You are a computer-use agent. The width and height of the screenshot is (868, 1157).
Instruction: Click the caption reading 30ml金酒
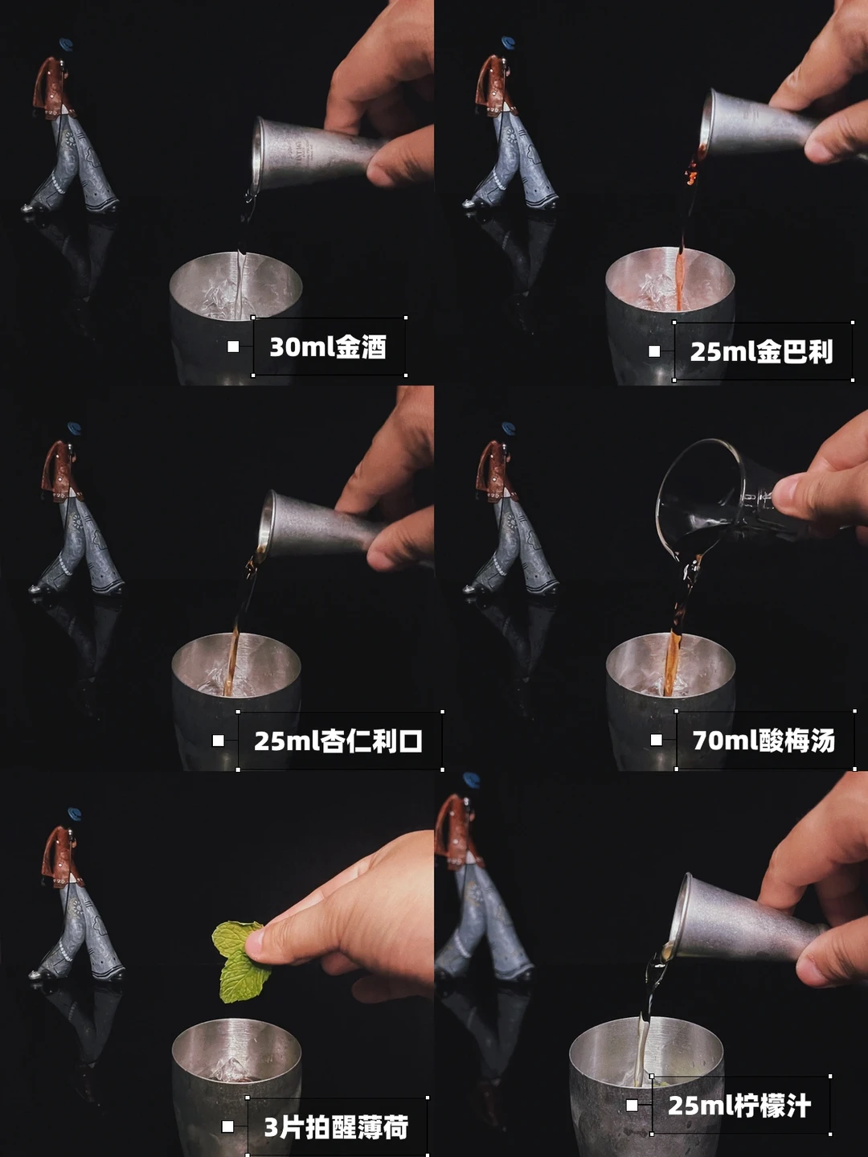pyautogui.click(x=328, y=347)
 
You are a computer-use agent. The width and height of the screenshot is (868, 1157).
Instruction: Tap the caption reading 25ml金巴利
pyautogui.click(x=761, y=351)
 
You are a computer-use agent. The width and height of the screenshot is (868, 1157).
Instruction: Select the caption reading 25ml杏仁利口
pyautogui.click(x=338, y=741)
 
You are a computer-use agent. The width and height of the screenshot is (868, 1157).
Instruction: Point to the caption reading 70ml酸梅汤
pyautogui.click(x=764, y=741)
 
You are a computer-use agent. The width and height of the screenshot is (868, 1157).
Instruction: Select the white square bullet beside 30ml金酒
pyautogui.click(x=233, y=347)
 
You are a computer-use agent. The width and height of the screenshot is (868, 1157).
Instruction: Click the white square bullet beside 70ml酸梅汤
pyautogui.click(x=657, y=740)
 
